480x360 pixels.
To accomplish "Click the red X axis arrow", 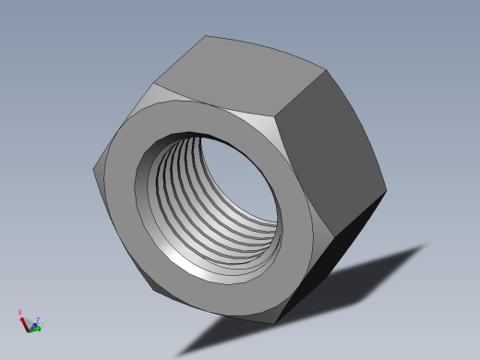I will pos(23,320).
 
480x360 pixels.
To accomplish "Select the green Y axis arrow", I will pos(35,328).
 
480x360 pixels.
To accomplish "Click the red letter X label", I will pos(19,313).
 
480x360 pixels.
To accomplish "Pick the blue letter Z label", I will pos(38,319).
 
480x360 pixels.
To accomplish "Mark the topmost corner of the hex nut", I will pos(205,36).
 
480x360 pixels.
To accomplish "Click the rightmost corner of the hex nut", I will pos(386,193).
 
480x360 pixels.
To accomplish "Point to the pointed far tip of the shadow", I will pos(428,245).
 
